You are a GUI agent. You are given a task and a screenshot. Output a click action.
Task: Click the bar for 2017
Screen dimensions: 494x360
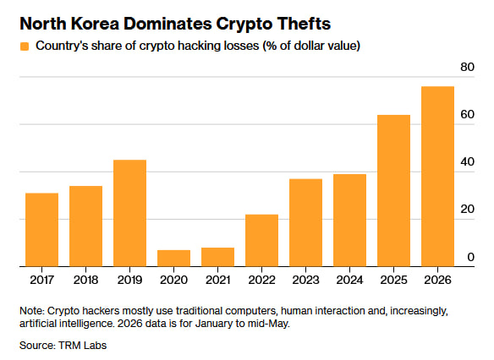pyautogui.click(x=42, y=230)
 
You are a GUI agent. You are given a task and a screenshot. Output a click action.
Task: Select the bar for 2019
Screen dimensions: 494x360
pyautogui.click(x=129, y=213)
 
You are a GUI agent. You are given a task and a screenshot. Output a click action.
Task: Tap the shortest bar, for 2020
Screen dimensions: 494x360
pyautogui.click(x=174, y=259)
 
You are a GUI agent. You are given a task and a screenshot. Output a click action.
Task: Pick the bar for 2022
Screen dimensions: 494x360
pyautogui.click(x=262, y=240)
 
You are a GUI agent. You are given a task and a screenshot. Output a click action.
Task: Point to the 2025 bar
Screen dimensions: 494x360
pyautogui.click(x=394, y=191)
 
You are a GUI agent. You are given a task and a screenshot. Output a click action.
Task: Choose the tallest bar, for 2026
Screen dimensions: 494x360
pyautogui.click(x=437, y=177)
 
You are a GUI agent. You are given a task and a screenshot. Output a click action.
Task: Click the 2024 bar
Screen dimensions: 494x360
pyautogui.click(x=349, y=221)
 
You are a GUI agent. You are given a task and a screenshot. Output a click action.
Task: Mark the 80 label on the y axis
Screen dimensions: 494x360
pyautogui.click(x=467, y=67)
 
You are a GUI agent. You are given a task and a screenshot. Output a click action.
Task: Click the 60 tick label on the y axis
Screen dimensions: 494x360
pyautogui.click(x=467, y=115)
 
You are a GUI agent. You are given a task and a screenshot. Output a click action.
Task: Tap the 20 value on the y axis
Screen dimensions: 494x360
pyautogui.click(x=467, y=210)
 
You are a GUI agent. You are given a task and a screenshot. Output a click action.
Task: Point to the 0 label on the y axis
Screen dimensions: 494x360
pyautogui.click(x=470, y=257)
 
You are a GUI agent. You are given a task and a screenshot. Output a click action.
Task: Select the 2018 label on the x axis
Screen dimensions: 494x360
pyautogui.click(x=85, y=280)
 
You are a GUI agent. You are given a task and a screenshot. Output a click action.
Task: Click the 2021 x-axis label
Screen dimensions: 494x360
pyautogui.click(x=217, y=280)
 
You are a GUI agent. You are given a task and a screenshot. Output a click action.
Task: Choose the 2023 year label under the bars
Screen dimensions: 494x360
pyautogui.click(x=305, y=280)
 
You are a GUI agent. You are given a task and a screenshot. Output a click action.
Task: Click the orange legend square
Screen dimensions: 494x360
pyautogui.click(x=25, y=46)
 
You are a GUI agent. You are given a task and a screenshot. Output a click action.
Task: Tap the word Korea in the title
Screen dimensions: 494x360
pyautogui.click(x=95, y=24)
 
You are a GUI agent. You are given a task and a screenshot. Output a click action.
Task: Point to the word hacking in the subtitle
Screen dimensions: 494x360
pyautogui.click(x=199, y=46)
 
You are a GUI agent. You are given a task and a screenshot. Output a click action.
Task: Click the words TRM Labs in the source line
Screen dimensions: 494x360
pyautogui.click(x=83, y=346)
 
